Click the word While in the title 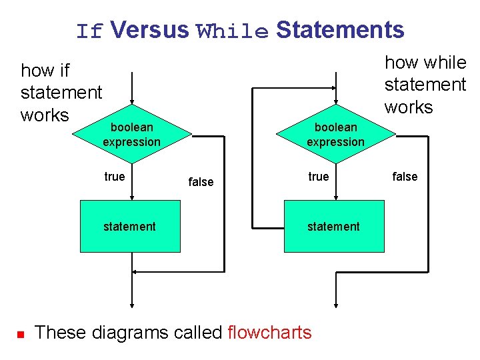(x=232, y=31)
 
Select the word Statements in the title (x=340, y=30)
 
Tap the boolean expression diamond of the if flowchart (x=132, y=135)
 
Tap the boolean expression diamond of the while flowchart (x=335, y=135)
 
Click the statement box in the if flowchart (x=130, y=226)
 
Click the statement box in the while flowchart (x=334, y=226)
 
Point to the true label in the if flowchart (x=114, y=177)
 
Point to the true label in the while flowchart (x=318, y=177)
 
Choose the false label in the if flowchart (x=201, y=181)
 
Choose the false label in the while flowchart (x=405, y=177)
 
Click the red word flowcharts (x=269, y=332)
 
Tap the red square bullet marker (x=20, y=333)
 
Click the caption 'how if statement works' (x=61, y=93)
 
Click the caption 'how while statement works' (x=425, y=85)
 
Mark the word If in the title (x=89, y=31)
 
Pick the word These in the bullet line (x=59, y=332)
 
